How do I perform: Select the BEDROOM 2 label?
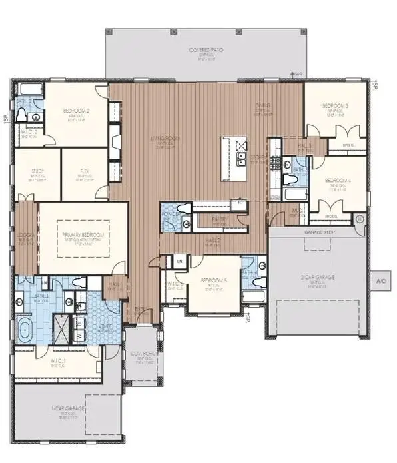tap(76, 111)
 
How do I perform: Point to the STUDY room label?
tap(37, 171)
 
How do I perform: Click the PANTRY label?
tap(220, 219)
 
